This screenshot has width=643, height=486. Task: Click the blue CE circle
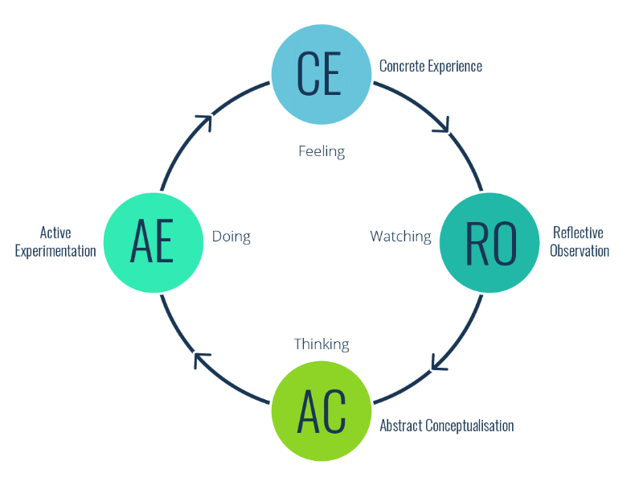[321, 74]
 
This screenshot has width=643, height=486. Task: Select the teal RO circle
[490, 242]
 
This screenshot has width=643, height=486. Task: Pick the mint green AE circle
[153, 242]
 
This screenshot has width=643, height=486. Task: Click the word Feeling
[321, 151]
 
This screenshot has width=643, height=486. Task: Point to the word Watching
[400, 237]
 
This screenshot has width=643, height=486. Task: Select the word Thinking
[321, 344]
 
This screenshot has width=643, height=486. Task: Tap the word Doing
[231, 237]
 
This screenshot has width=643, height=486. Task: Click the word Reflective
[578, 233]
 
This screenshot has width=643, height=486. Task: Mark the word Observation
[580, 251]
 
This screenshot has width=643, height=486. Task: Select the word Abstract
[399, 426]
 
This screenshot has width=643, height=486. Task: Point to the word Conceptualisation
[469, 426]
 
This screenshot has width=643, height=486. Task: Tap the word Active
[55, 233]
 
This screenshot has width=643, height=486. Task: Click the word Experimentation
[56, 251]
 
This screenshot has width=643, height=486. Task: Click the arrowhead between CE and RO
[442, 125]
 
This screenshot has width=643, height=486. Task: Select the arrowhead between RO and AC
[438, 364]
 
